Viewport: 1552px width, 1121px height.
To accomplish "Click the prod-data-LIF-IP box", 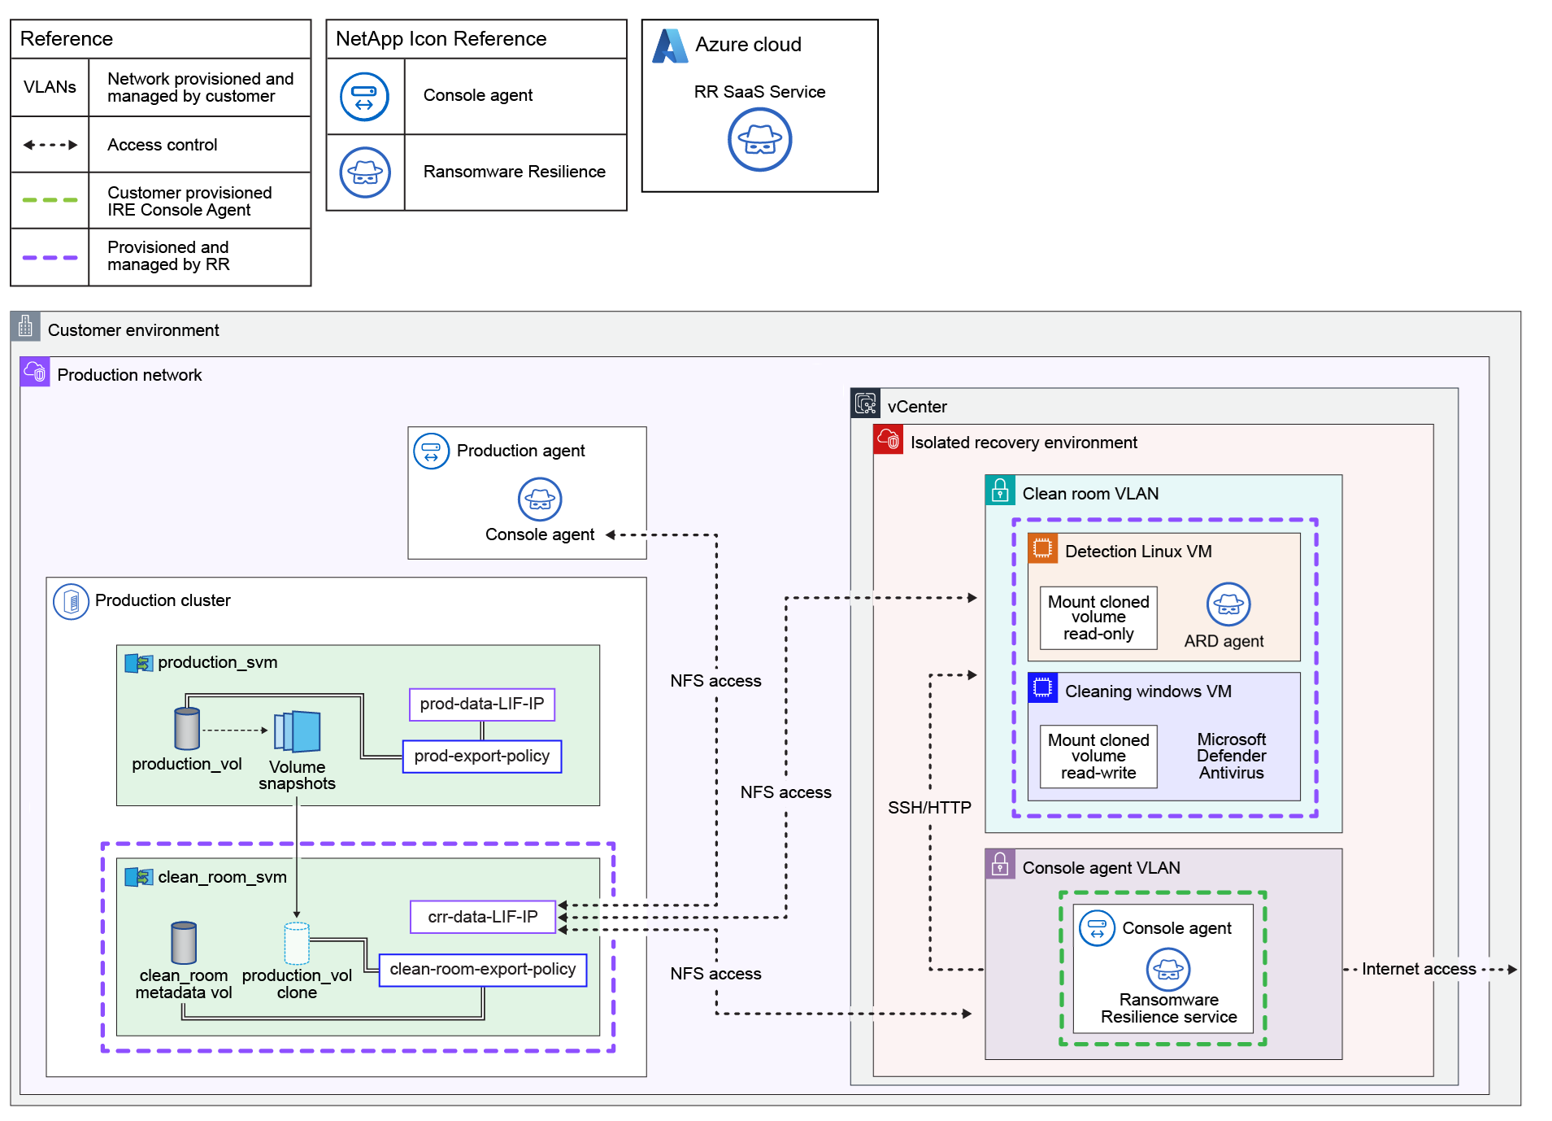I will [482, 704].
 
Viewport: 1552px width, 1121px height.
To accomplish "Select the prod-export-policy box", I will [482, 757].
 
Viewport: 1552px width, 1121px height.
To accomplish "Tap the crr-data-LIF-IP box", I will [483, 917].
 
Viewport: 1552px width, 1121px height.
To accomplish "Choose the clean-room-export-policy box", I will [483, 970].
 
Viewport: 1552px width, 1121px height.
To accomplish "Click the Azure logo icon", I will [670, 46].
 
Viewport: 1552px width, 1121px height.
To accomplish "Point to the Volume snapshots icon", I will [298, 731].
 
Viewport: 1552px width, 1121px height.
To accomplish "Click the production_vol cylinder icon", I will [187, 728].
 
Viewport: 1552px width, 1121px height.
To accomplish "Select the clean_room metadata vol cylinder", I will [184, 942].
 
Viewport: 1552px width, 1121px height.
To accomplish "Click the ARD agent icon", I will [1228, 604].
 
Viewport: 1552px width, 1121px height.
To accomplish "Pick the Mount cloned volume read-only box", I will [1098, 618].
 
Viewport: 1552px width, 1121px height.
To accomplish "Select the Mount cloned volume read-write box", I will [1098, 757].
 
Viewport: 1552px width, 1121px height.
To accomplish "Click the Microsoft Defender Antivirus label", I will [1231, 756].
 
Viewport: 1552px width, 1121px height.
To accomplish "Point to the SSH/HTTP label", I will [929, 808].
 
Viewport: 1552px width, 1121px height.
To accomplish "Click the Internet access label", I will [1419, 969].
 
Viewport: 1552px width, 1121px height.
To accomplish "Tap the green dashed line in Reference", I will [50, 200].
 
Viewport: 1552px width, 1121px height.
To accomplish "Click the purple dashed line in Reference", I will [50, 257].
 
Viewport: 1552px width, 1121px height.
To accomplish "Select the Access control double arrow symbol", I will [50, 145].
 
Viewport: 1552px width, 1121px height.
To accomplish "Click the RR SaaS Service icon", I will [759, 140].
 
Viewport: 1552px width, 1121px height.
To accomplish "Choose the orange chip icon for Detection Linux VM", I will [1042, 548].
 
